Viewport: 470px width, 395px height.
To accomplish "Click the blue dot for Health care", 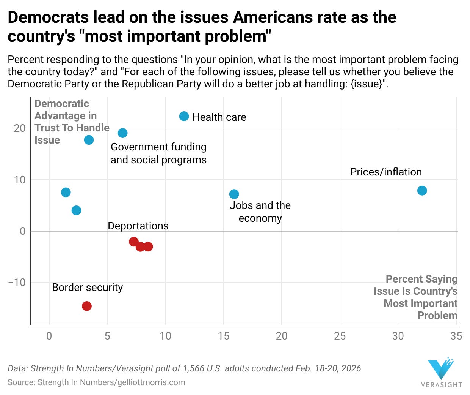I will coord(184,116).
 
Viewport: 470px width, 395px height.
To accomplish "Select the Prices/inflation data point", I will coord(422,191).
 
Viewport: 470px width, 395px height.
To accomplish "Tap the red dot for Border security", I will coord(87,306).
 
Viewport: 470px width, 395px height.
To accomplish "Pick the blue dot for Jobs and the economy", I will coord(234,194).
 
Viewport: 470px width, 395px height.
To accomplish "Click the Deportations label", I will coord(138,226).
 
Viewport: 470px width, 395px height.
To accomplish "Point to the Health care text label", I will coord(219,117).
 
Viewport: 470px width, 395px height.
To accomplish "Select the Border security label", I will coord(87,288).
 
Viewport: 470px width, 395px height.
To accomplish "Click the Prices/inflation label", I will coord(386,172).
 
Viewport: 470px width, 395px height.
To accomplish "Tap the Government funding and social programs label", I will coord(158,153).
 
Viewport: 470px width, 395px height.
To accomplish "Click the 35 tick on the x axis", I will coord(456,336).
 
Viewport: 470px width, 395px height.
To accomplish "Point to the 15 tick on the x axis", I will coord(224,336).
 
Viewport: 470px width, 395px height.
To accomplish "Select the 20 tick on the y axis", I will coord(20,128).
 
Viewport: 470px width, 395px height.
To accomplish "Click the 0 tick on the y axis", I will coord(22,231).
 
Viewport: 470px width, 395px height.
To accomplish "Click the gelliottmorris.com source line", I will coord(96,382).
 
